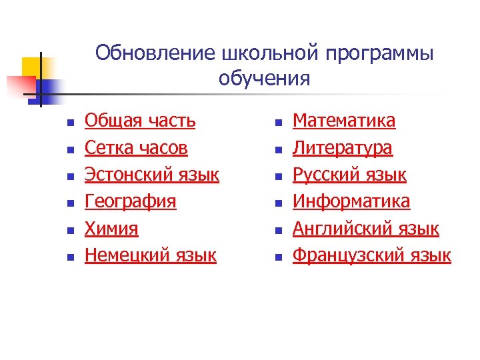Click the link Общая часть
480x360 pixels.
140,121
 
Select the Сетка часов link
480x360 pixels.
136,147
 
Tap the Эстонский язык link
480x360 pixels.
152,175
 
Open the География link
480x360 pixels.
131,201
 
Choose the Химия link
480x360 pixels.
111,229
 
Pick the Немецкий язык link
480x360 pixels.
151,255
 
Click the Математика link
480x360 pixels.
344,121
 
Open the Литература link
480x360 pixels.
343,147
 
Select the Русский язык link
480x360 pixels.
350,175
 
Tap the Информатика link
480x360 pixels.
352,201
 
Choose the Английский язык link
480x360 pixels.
366,229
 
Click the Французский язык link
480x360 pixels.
372,255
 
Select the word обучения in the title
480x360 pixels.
264,79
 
